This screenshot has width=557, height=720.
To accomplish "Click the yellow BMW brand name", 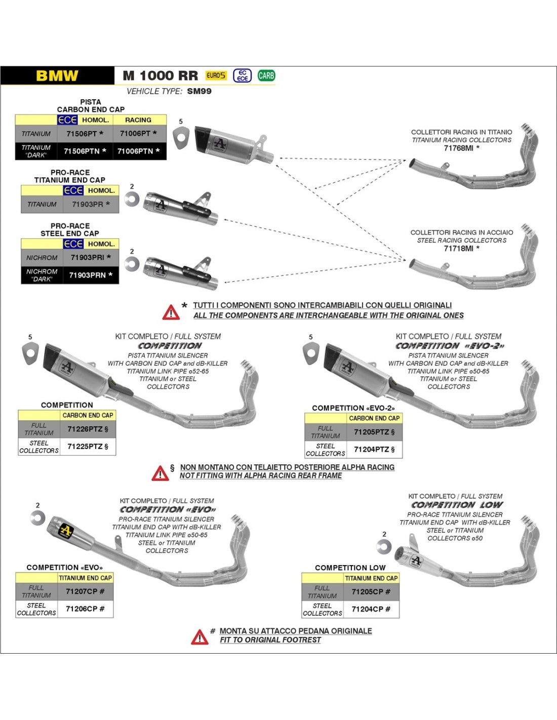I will coord(57,76).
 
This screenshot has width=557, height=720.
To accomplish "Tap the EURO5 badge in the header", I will coord(216,75).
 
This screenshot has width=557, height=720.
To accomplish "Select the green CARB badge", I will coord(266,75).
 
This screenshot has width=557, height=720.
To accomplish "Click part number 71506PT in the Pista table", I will coord(85,134).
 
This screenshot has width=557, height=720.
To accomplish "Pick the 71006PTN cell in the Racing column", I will coord(138,151).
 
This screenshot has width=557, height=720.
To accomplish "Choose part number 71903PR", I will coord(91,204).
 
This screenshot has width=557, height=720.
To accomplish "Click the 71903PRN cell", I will coord(91,275).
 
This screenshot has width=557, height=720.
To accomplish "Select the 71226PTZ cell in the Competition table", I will coord(88,429).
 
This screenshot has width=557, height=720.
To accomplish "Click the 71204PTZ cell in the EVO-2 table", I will coord(374,449).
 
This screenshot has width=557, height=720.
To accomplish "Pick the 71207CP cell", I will coord(85,591).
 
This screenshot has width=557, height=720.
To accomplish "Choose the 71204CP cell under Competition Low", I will coord(371,609).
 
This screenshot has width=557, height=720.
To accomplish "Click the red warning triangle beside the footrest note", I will coord(200,637).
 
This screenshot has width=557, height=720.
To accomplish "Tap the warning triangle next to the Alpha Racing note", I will coord(160,473).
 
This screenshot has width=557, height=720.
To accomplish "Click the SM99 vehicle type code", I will coord(199,91).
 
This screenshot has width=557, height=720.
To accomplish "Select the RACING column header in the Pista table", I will coord(138,120).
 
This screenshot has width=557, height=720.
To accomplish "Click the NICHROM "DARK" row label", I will coord(42,275).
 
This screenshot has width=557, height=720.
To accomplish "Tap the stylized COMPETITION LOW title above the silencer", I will coord(457,505).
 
